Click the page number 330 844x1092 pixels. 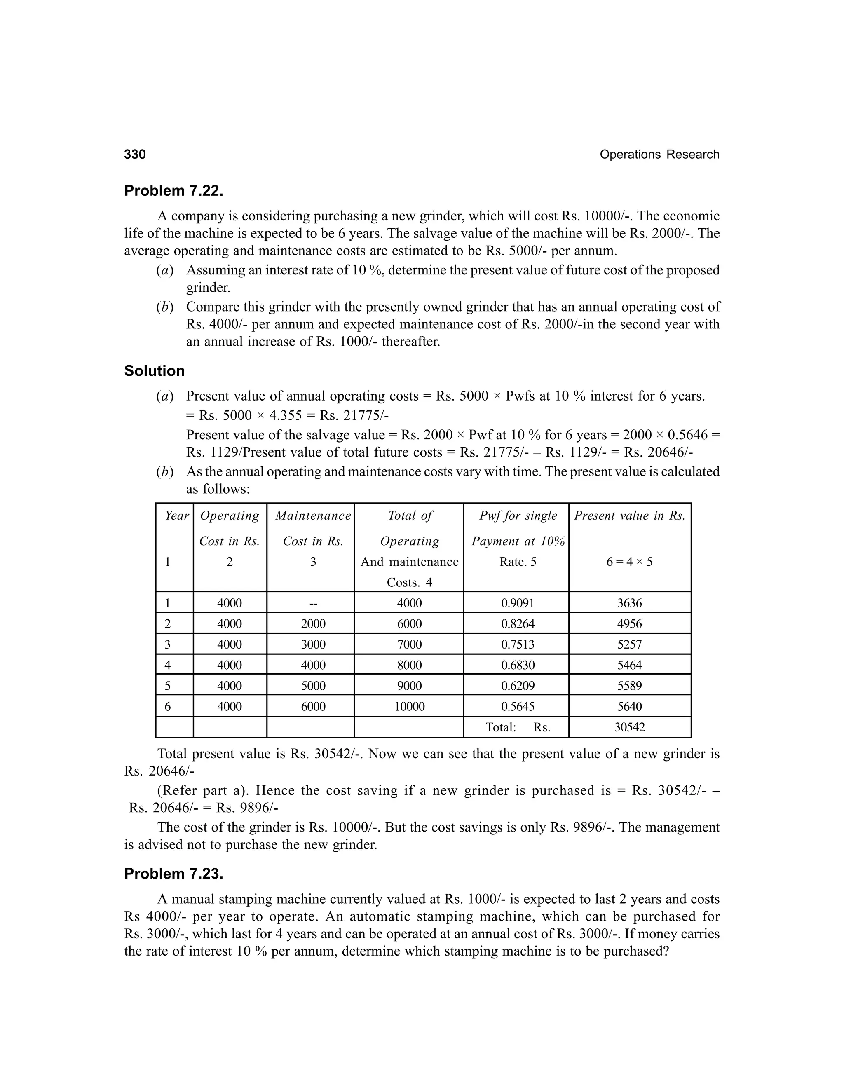tap(135, 155)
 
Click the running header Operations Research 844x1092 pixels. tap(659, 155)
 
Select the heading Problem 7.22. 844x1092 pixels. tap(173, 191)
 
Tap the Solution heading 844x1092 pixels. tap(155, 371)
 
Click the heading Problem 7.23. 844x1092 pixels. tap(173, 874)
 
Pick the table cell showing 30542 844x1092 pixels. tap(630, 727)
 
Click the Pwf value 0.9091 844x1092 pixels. tap(518, 603)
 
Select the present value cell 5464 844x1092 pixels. tap(630, 666)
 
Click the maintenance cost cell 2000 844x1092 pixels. tap(313, 624)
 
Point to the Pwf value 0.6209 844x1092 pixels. tap(518, 686)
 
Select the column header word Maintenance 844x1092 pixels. tap(313, 516)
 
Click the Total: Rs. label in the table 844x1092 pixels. tap(518, 727)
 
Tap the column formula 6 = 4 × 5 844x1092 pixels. tap(630, 562)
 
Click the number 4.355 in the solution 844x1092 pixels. tap(285, 415)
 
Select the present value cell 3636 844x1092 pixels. tap(630, 603)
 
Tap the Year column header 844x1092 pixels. tap(176, 516)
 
